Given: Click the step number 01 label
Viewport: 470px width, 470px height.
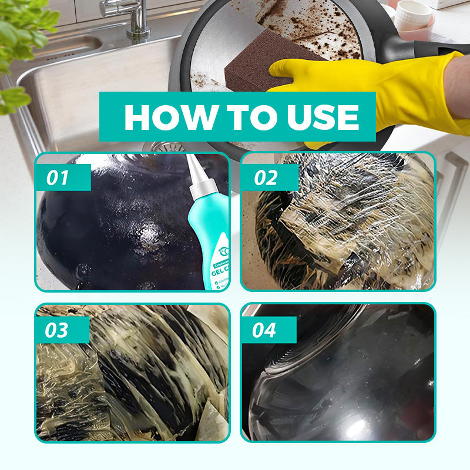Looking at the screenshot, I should click(58, 177).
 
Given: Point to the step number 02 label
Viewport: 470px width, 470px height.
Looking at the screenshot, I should click(265, 177).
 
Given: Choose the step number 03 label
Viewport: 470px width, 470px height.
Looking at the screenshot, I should click(58, 330).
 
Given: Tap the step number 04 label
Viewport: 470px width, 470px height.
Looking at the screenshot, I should click(264, 330).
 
